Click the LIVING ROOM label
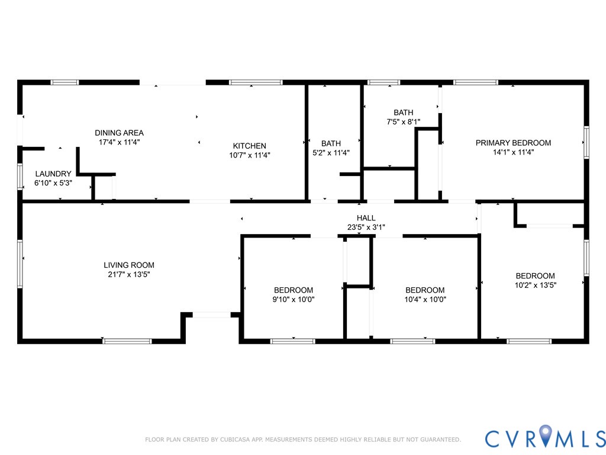point(129,265)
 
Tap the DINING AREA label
point(119,133)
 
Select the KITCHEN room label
point(249,146)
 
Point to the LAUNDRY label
point(53,174)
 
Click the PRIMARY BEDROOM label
point(513,143)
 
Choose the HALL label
point(366,218)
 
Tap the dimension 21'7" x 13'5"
point(129,274)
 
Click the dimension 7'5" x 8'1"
point(403,121)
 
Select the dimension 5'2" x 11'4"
point(331,152)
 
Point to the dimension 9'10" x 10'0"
point(294,299)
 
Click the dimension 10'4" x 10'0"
point(425,299)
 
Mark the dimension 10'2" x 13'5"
point(535,285)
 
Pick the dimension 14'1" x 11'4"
point(513,152)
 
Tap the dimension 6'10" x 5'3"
point(53,183)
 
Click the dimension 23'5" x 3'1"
point(366,227)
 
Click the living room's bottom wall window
point(127,341)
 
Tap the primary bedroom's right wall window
point(586,142)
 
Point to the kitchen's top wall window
point(256,82)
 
